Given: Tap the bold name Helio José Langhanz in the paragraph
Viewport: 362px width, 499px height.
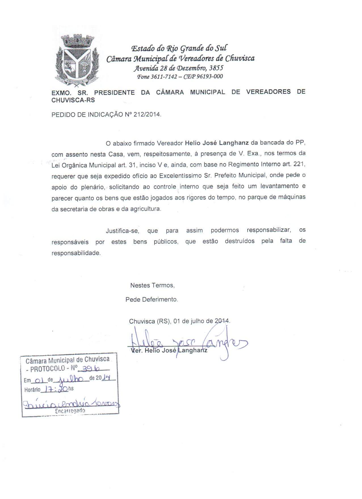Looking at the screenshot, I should [217, 142].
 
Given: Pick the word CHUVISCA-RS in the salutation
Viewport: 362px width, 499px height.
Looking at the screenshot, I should [73, 100].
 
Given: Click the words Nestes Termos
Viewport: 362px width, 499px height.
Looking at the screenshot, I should [152, 285].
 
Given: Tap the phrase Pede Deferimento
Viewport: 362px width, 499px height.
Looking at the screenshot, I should [152, 299].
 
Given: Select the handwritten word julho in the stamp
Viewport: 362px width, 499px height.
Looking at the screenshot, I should [70, 379].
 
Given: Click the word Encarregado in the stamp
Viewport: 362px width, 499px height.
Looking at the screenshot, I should [70, 411].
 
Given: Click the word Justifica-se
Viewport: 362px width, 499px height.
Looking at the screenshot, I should [122, 231].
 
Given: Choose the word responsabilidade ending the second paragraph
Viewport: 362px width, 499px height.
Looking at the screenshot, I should [76, 253].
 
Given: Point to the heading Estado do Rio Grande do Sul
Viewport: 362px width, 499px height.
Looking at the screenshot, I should [179, 48].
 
